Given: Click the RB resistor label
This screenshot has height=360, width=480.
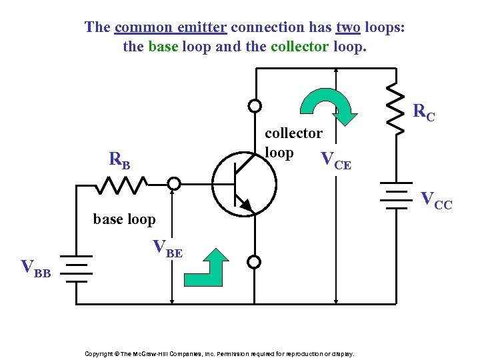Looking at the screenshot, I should coord(120,160).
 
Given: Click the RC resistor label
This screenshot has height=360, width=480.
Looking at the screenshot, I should coord(424,113).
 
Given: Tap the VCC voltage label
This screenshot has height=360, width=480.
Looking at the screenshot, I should coord(436,200).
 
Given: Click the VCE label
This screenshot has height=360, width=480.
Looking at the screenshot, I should coord(335,160).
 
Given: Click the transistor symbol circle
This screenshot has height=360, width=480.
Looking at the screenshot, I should coord(244,181).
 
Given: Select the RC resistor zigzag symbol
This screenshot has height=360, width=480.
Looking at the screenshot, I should coord(395,107).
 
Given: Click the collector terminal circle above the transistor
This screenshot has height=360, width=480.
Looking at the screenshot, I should coord(254,105).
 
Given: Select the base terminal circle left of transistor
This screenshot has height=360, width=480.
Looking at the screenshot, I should coord(173,183).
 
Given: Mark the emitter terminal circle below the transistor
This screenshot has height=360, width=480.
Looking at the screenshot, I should coord(254,261).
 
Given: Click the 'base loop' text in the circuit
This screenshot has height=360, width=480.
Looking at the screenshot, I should coord(125,219).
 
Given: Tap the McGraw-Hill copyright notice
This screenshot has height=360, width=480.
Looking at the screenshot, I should coord(219,353).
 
